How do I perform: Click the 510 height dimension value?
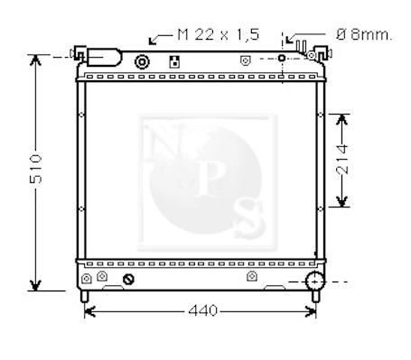tap(36, 169)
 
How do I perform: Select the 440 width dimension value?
tap(202, 310)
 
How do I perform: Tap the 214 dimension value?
tap(342, 160)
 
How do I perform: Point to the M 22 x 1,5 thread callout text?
tap(219, 34)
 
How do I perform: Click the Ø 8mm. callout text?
tap(364, 35)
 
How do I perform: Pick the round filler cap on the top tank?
tap(142, 62)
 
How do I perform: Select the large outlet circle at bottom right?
tap(314, 282)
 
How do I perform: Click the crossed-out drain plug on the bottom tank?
tap(128, 280)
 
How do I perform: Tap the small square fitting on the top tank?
tap(174, 61)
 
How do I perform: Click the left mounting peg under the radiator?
tap(84, 296)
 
